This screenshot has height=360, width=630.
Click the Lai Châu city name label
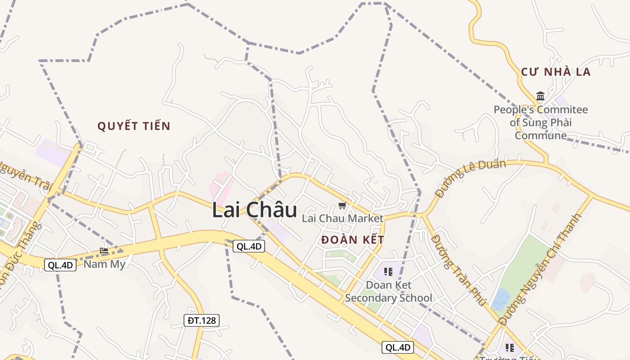click(254, 211)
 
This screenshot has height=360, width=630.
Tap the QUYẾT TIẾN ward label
click(134, 126)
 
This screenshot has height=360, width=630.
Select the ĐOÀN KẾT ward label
click(353, 240)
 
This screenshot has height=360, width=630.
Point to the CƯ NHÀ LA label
click(556, 72)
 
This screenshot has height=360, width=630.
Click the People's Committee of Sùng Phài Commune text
click(540, 122)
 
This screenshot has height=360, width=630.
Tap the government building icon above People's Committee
click(540, 96)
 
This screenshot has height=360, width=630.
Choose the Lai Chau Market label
click(342, 219)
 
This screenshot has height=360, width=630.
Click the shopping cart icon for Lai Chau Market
click(342, 206)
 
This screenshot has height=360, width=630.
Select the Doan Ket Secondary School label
click(388, 292)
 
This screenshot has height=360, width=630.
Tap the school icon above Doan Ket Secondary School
click(388, 271)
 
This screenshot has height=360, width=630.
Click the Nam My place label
click(104, 264)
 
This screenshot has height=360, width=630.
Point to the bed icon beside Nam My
click(104, 251)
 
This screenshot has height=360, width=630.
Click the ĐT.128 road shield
click(202, 320)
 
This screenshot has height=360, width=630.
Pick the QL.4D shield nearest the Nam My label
click(60, 265)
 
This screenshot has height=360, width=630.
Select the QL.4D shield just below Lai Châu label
click(249, 246)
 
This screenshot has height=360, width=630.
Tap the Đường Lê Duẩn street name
click(470, 178)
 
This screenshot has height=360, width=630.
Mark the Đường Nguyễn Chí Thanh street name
click(540, 269)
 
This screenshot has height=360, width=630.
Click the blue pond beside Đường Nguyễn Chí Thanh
click(501, 300)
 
